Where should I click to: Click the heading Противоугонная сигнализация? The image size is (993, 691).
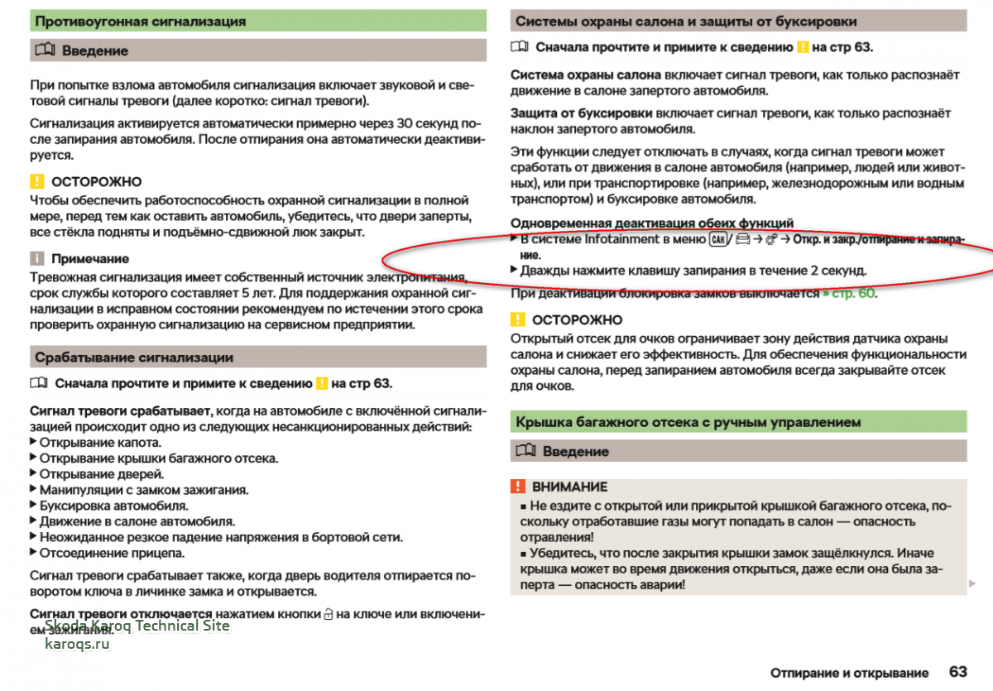(141, 22)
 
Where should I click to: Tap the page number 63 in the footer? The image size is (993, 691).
(958, 672)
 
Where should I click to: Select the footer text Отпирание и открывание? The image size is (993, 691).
(849, 673)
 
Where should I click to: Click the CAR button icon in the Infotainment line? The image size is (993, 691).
(717, 240)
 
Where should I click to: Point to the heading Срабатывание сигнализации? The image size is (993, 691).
(134, 357)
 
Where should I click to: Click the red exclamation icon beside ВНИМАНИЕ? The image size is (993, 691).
(518, 487)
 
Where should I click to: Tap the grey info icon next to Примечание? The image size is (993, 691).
(36, 259)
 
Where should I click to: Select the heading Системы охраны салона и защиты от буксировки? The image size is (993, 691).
(686, 22)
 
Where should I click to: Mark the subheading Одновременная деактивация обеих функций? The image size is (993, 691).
(652, 223)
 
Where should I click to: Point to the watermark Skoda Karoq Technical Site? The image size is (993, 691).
(137, 626)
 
